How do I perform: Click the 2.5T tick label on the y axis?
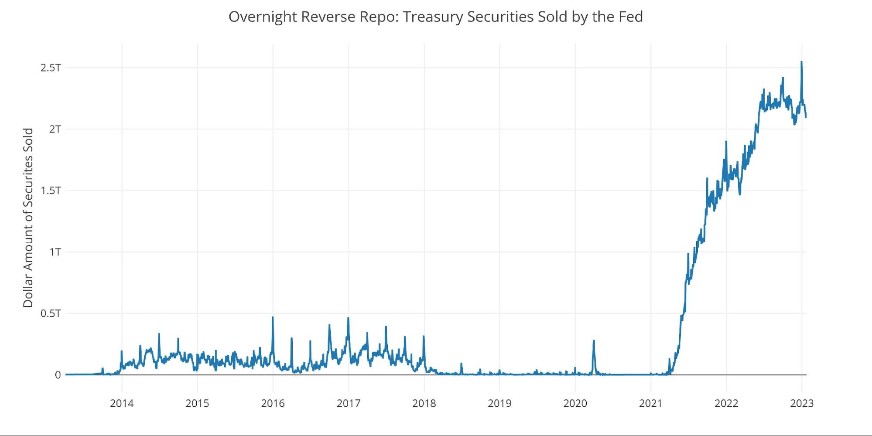point(51,68)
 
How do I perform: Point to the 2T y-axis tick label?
point(55,129)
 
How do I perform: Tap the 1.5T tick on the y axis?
point(51,191)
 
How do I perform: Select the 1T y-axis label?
point(55,252)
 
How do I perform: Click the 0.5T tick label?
point(51,313)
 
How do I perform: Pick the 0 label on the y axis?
point(58,375)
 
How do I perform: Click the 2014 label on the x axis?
point(122,403)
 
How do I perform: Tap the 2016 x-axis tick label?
point(273,403)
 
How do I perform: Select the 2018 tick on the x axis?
point(424,403)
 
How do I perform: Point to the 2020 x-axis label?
point(575,403)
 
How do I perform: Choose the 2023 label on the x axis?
point(802,403)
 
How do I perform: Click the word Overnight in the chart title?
point(263,17)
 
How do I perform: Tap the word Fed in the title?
point(631,17)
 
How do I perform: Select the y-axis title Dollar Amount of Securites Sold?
point(28,218)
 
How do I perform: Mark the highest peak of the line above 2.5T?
point(801,62)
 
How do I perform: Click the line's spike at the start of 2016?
point(273,317)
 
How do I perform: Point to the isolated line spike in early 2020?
point(594,341)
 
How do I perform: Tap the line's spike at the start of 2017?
point(348,318)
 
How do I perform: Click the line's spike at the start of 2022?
point(726,142)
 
